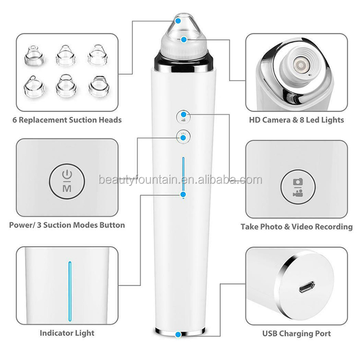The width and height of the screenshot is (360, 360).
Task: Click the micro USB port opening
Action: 307,287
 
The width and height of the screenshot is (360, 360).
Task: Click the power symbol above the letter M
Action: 67,175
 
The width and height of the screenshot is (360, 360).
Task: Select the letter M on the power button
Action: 67,188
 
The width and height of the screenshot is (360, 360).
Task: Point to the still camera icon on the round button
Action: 298,182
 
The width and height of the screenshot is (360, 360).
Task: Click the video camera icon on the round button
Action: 298,193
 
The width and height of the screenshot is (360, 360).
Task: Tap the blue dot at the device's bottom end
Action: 178,335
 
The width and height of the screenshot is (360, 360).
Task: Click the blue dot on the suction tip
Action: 178,21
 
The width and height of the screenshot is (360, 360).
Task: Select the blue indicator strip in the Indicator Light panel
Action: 70,291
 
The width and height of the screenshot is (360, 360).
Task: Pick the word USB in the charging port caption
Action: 270,334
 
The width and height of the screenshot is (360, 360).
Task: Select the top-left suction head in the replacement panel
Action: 35,55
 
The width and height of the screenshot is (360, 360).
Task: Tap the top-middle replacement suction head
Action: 66,56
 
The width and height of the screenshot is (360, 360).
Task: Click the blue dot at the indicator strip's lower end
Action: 183,195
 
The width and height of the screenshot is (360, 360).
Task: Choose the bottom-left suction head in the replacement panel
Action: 34,86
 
